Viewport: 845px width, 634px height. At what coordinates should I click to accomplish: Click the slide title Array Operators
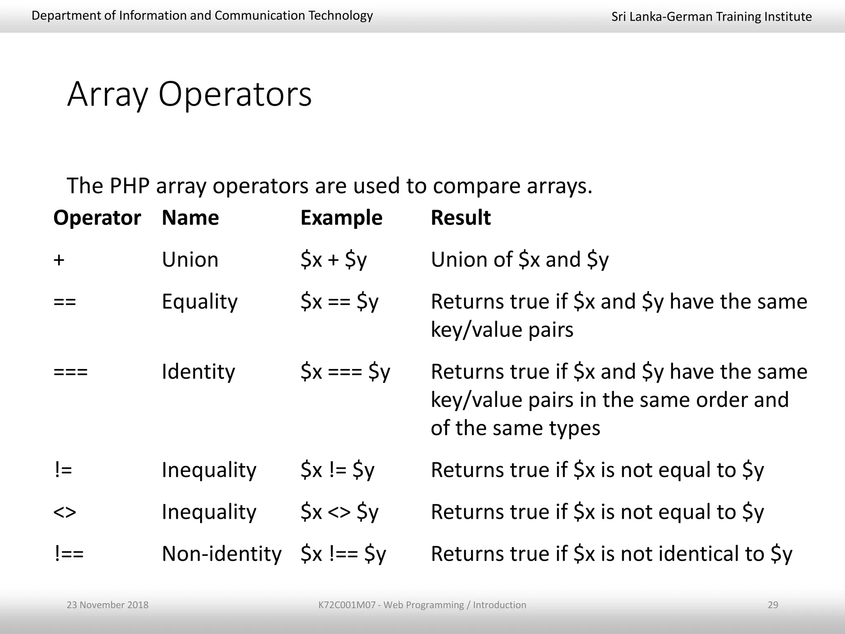point(189,95)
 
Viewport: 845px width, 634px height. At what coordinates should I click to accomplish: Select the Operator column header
point(97,218)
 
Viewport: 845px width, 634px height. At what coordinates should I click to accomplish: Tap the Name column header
point(190,218)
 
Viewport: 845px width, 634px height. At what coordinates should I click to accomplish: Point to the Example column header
point(341,218)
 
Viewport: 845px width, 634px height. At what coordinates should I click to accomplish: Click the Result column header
point(460,218)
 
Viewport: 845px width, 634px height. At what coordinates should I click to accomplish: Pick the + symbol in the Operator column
point(59,260)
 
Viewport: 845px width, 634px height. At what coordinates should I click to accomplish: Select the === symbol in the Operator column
point(71,372)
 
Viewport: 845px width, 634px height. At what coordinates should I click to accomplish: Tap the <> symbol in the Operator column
point(65,512)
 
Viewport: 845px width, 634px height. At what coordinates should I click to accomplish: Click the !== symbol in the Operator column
point(69,554)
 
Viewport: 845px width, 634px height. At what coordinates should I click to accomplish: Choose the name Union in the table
point(190,260)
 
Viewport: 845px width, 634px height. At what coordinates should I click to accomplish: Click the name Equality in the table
point(200,302)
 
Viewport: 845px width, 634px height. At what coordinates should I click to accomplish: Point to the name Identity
point(198,372)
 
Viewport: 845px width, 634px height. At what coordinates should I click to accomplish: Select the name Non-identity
point(222,554)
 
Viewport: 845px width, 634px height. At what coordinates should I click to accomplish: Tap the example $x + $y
point(333,260)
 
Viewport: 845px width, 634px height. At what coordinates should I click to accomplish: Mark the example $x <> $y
point(339,512)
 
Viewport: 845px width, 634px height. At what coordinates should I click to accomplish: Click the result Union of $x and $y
point(519,260)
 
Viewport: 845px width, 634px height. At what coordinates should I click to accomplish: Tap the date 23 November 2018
point(107,605)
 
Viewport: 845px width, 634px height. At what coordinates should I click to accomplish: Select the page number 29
point(773,605)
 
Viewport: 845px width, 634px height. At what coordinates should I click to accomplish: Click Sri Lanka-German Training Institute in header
point(711,17)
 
